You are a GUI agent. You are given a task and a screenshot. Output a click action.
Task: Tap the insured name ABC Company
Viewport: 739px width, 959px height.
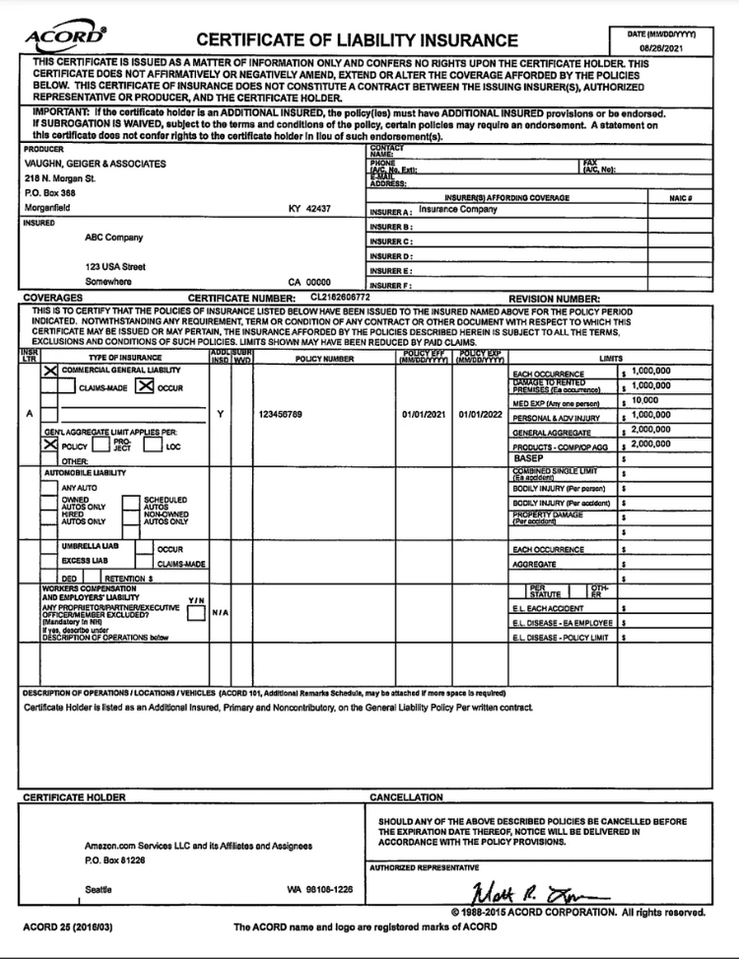point(114,238)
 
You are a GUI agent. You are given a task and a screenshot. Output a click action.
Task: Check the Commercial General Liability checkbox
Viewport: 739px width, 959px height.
point(50,371)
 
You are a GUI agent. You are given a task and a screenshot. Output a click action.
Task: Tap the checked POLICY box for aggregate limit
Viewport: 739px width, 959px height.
point(50,445)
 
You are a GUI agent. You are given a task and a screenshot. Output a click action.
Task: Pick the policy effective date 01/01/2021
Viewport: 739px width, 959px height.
point(426,415)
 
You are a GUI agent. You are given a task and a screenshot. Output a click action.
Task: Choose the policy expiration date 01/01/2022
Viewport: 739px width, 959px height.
point(480,415)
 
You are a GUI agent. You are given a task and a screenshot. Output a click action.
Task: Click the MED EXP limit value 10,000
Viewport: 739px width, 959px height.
point(644,401)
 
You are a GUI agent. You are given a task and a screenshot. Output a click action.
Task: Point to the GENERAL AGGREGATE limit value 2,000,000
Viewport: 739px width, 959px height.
point(650,430)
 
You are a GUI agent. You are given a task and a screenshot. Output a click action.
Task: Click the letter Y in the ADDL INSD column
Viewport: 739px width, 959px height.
point(220,415)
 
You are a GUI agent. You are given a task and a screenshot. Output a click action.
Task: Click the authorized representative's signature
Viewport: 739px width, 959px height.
point(540,894)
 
